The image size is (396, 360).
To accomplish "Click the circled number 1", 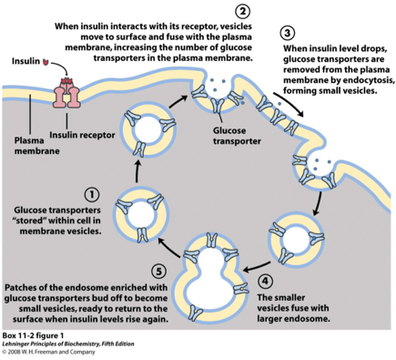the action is [x=92, y=195].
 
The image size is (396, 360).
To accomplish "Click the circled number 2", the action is [x=243, y=11].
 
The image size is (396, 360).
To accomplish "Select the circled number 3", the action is [x=288, y=34].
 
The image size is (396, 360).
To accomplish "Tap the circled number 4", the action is [x=265, y=282].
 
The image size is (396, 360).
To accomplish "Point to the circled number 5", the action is [x=159, y=272].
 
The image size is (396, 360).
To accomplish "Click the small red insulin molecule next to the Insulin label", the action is [x=46, y=62].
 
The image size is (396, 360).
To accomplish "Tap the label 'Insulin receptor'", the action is [x=82, y=135].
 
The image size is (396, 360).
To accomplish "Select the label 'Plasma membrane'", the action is [x=36, y=146].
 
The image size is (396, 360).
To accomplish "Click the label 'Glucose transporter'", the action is [x=237, y=136].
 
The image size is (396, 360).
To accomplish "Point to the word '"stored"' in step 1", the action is [x=30, y=221].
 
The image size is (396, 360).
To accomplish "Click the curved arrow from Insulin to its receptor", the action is [x=61, y=67].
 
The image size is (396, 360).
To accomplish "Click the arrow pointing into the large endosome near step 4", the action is [x=257, y=266].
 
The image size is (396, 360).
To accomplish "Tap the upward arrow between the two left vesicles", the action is [x=137, y=171].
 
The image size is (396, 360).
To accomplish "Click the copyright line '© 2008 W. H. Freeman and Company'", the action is [x=48, y=352].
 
